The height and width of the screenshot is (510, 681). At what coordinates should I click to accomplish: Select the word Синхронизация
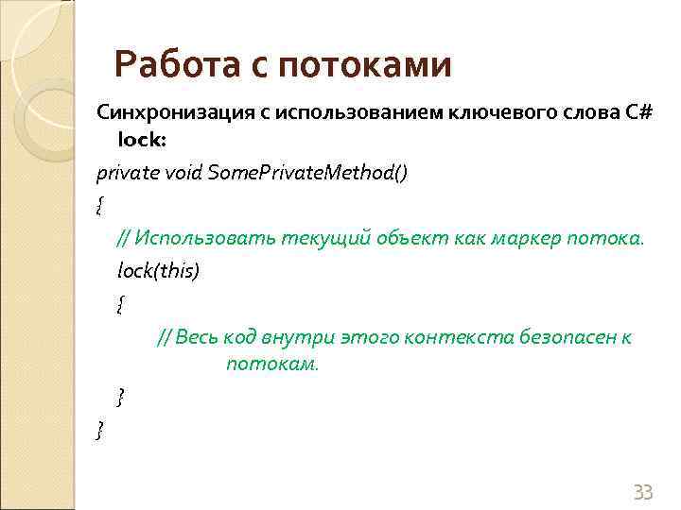coord(161,113)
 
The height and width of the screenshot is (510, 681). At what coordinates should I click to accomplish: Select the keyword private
coord(127,174)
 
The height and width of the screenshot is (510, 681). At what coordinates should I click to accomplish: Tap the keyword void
coord(183,174)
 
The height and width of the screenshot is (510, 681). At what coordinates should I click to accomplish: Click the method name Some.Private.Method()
coord(308,174)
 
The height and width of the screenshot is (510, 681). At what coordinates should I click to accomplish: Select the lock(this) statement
coord(159,271)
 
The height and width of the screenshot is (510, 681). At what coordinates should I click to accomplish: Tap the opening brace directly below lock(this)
coord(120,304)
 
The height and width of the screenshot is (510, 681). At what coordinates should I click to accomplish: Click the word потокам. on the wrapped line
coord(273,364)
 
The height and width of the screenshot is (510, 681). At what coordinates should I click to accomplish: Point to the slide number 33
coord(643,492)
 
